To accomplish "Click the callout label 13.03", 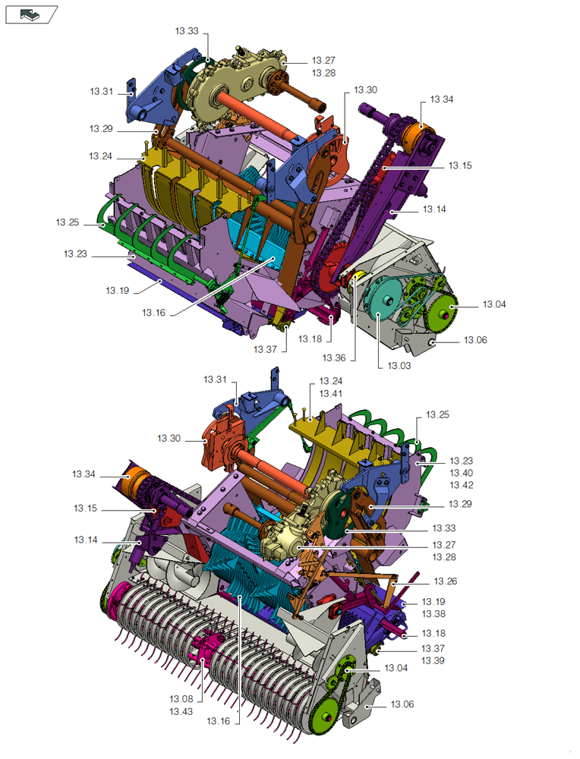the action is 399,366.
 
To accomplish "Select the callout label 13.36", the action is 334,357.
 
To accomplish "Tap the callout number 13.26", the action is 445,581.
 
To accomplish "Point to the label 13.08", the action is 181,698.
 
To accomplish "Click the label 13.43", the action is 181,712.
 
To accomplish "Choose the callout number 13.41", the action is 331,393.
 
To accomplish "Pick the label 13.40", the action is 462,473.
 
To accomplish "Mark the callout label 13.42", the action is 462,485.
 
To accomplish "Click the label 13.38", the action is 433,614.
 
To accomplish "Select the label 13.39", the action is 433,661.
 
